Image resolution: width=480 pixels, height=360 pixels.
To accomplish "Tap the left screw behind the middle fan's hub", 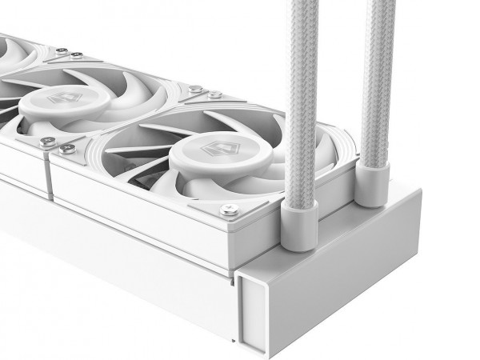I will click(196, 90).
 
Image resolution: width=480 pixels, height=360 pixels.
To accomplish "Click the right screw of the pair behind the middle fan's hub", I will click(215, 95).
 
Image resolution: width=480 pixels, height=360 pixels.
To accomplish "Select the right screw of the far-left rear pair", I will click(76, 55).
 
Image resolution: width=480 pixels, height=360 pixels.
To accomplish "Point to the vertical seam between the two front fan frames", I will click(50, 176).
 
